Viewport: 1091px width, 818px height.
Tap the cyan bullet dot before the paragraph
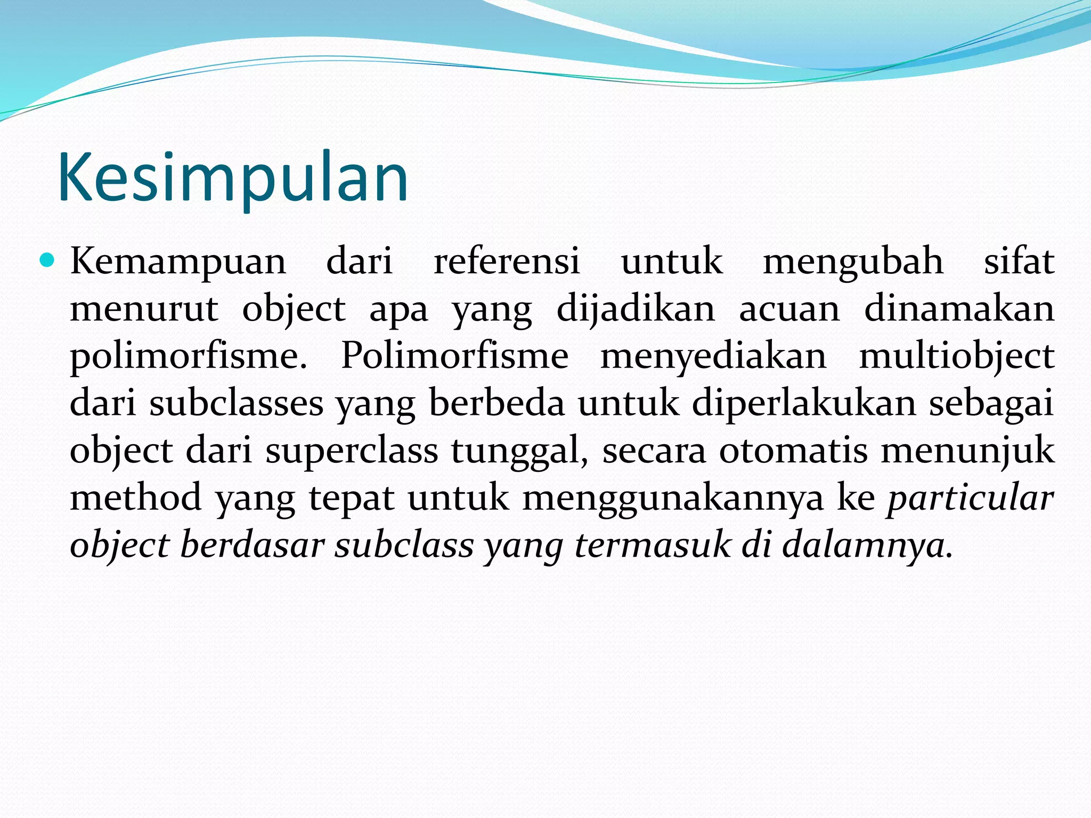(x=47, y=260)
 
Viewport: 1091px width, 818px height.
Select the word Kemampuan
(x=178, y=262)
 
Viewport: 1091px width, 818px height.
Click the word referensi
(x=507, y=261)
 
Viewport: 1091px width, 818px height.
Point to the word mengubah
(x=853, y=262)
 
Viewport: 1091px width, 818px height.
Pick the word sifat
(x=1019, y=261)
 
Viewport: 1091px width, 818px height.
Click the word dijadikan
(x=636, y=309)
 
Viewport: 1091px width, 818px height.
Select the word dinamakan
(x=959, y=309)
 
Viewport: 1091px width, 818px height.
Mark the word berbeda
(x=496, y=403)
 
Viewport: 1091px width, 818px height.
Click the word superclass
(x=352, y=451)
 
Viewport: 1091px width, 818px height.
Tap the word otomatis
(x=793, y=451)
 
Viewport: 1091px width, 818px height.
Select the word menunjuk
(x=967, y=451)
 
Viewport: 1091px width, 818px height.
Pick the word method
(x=136, y=497)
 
